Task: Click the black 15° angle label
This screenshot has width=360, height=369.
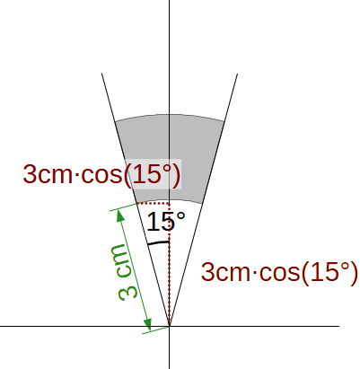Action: tap(166, 222)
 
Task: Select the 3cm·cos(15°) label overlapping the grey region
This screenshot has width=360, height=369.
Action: tap(101, 174)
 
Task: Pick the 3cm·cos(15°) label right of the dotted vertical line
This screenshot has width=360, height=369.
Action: tap(279, 272)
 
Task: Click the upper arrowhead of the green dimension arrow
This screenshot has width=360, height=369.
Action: tap(121, 215)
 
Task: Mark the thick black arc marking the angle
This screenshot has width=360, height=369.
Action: tap(159, 242)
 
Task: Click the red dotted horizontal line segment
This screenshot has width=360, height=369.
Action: tap(154, 204)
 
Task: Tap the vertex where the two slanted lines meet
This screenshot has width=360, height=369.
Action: tap(170, 326)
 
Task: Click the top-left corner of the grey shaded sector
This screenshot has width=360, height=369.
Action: tap(115, 121)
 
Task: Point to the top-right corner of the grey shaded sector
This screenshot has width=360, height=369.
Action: tap(224, 121)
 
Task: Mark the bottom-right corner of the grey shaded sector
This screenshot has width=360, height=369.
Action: tap(203, 204)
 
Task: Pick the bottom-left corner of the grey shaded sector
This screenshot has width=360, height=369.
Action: tap(136, 204)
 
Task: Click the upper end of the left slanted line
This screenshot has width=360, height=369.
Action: tap(101, 73)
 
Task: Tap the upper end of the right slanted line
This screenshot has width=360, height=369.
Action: tap(238, 74)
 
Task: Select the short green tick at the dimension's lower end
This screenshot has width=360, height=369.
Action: tap(155, 329)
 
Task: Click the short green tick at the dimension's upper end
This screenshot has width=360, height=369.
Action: tap(123, 207)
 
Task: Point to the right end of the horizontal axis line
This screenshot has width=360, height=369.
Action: tap(339, 326)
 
